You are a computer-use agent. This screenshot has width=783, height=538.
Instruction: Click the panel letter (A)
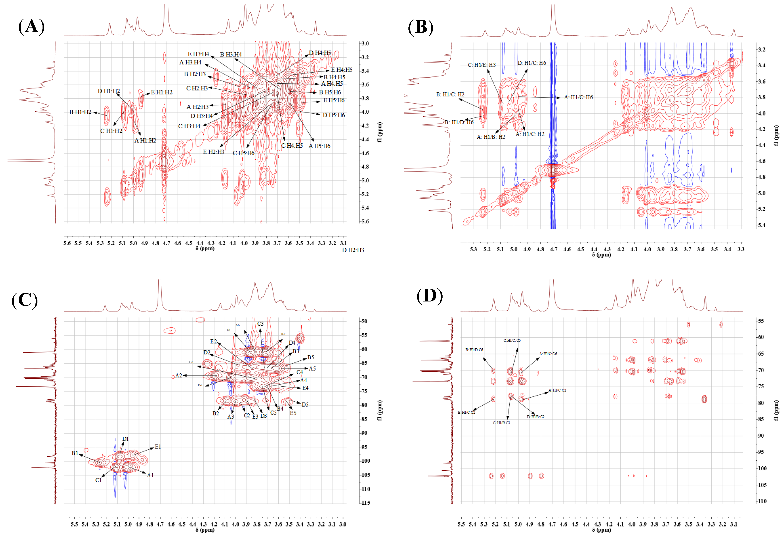(x=31, y=26)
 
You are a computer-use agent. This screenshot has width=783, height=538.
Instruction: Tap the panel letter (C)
(x=25, y=300)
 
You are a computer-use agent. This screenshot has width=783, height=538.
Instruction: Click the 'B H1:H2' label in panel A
(x=80, y=112)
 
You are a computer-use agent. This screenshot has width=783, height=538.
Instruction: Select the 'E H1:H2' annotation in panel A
(x=161, y=92)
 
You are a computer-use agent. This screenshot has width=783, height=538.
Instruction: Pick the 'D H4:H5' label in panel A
(x=320, y=53)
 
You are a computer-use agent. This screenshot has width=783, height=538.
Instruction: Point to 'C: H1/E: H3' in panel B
(x=482, y=65)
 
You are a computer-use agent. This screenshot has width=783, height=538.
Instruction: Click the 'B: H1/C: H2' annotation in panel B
(x=450, y=94)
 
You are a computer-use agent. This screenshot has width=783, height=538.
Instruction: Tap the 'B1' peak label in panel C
(x=75, y=453)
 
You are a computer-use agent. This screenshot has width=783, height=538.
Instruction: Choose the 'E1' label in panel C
(x=158, y=447)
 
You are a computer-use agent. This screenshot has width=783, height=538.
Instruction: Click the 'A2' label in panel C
(x=179, y=375)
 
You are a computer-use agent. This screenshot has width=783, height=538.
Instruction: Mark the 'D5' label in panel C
(x=305, y=405)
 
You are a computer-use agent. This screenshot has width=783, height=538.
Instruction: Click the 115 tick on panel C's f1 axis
(x=365, y=503)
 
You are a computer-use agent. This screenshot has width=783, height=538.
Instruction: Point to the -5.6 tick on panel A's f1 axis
(x=365, y=221)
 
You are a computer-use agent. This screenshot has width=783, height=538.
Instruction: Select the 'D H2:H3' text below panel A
(x=353, y=250)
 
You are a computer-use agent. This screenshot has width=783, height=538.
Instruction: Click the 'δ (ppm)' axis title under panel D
(x=601, y=530)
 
